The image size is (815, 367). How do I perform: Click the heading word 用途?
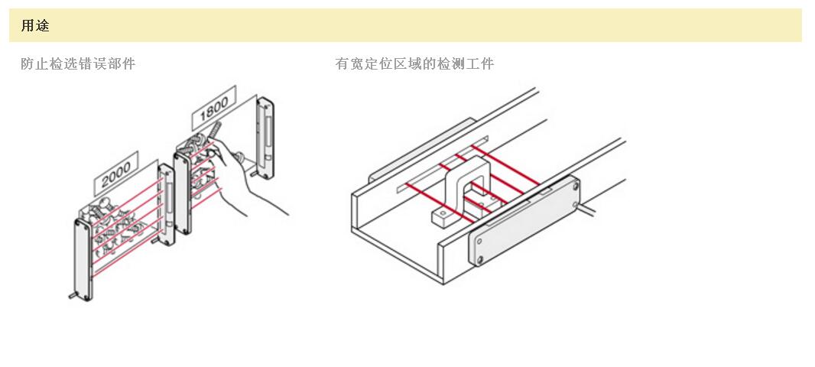35,26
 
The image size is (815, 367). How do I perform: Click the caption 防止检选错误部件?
78,64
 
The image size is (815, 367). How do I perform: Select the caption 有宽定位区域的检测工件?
414,64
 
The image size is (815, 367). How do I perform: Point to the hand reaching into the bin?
260,191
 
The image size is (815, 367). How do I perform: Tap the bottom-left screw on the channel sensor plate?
479,261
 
